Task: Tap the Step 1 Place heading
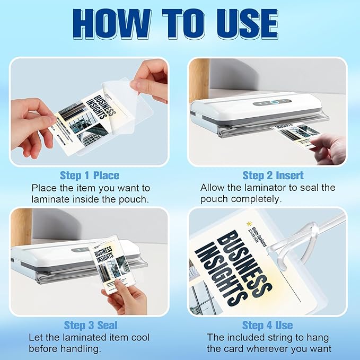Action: point(89,175)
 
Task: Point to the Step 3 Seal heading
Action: point(91,325)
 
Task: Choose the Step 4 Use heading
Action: point(268,325)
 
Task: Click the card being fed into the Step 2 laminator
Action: point(297,133)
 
